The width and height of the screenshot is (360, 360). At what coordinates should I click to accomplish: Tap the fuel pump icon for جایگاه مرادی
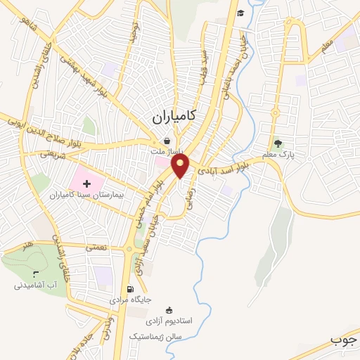point(129,289)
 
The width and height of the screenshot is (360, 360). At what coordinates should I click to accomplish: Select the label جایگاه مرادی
point(129,300)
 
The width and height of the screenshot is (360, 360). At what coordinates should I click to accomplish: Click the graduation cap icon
point(240,13)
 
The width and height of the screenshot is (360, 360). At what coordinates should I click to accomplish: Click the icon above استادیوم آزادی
point(169,310)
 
